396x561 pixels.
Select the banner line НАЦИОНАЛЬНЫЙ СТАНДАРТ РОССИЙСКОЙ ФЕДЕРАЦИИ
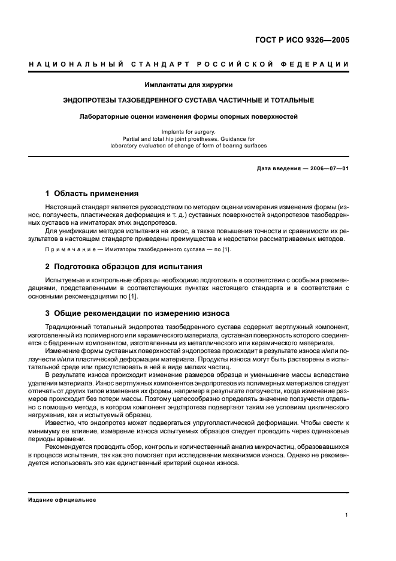pyautogui.click(x=189, y=64)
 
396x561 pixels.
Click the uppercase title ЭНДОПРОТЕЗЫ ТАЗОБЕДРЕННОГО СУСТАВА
pyautogui.click(x=189, y=100)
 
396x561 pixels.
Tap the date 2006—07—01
pyautogui.click(x=328, y=168)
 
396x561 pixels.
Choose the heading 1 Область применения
pyautogui.click(x=92, y=194)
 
